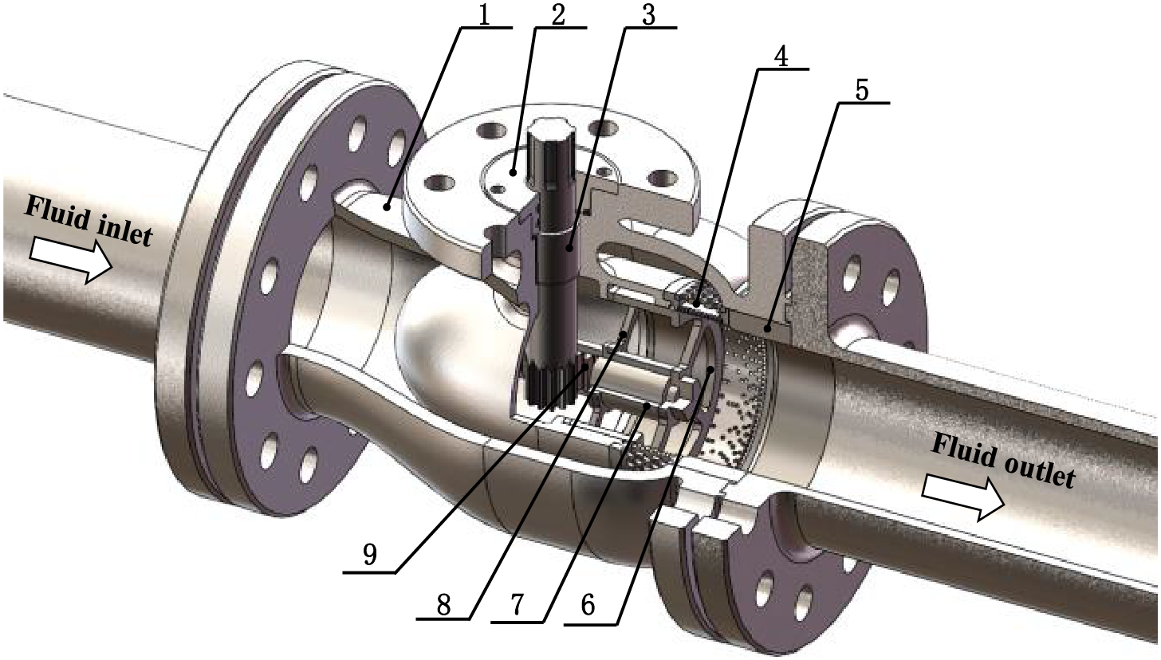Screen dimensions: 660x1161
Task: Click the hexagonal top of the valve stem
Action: (549, 139)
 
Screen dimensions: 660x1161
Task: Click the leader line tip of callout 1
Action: (386, 206)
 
